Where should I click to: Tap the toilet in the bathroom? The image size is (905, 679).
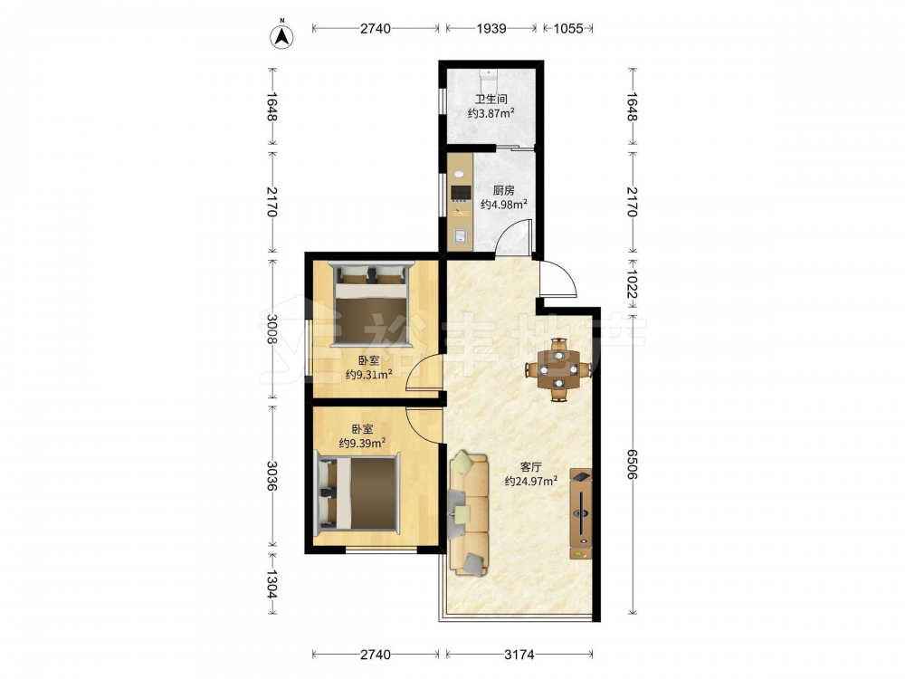pos(489,77)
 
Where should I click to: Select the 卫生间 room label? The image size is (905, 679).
pos(491,100)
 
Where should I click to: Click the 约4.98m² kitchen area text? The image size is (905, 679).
pos(504,204)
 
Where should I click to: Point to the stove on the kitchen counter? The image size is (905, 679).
pos(460,192)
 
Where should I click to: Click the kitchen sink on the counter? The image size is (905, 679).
pos(460,236)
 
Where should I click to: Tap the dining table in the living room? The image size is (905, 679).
pos(558,369)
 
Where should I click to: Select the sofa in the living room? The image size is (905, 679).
pos(469,513)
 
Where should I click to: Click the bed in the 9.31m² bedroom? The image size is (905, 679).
pos(371,304)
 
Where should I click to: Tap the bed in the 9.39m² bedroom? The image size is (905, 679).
pos(357,493)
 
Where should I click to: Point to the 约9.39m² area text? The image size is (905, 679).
pos(363,443)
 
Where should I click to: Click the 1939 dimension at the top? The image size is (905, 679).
pos(491,28)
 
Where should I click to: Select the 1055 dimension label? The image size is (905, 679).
pos(568,28)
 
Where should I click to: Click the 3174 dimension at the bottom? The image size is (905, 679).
pos(519,655)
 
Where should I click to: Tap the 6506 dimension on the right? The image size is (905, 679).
pos(632,464)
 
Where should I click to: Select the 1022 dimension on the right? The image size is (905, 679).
pos(632,284)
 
